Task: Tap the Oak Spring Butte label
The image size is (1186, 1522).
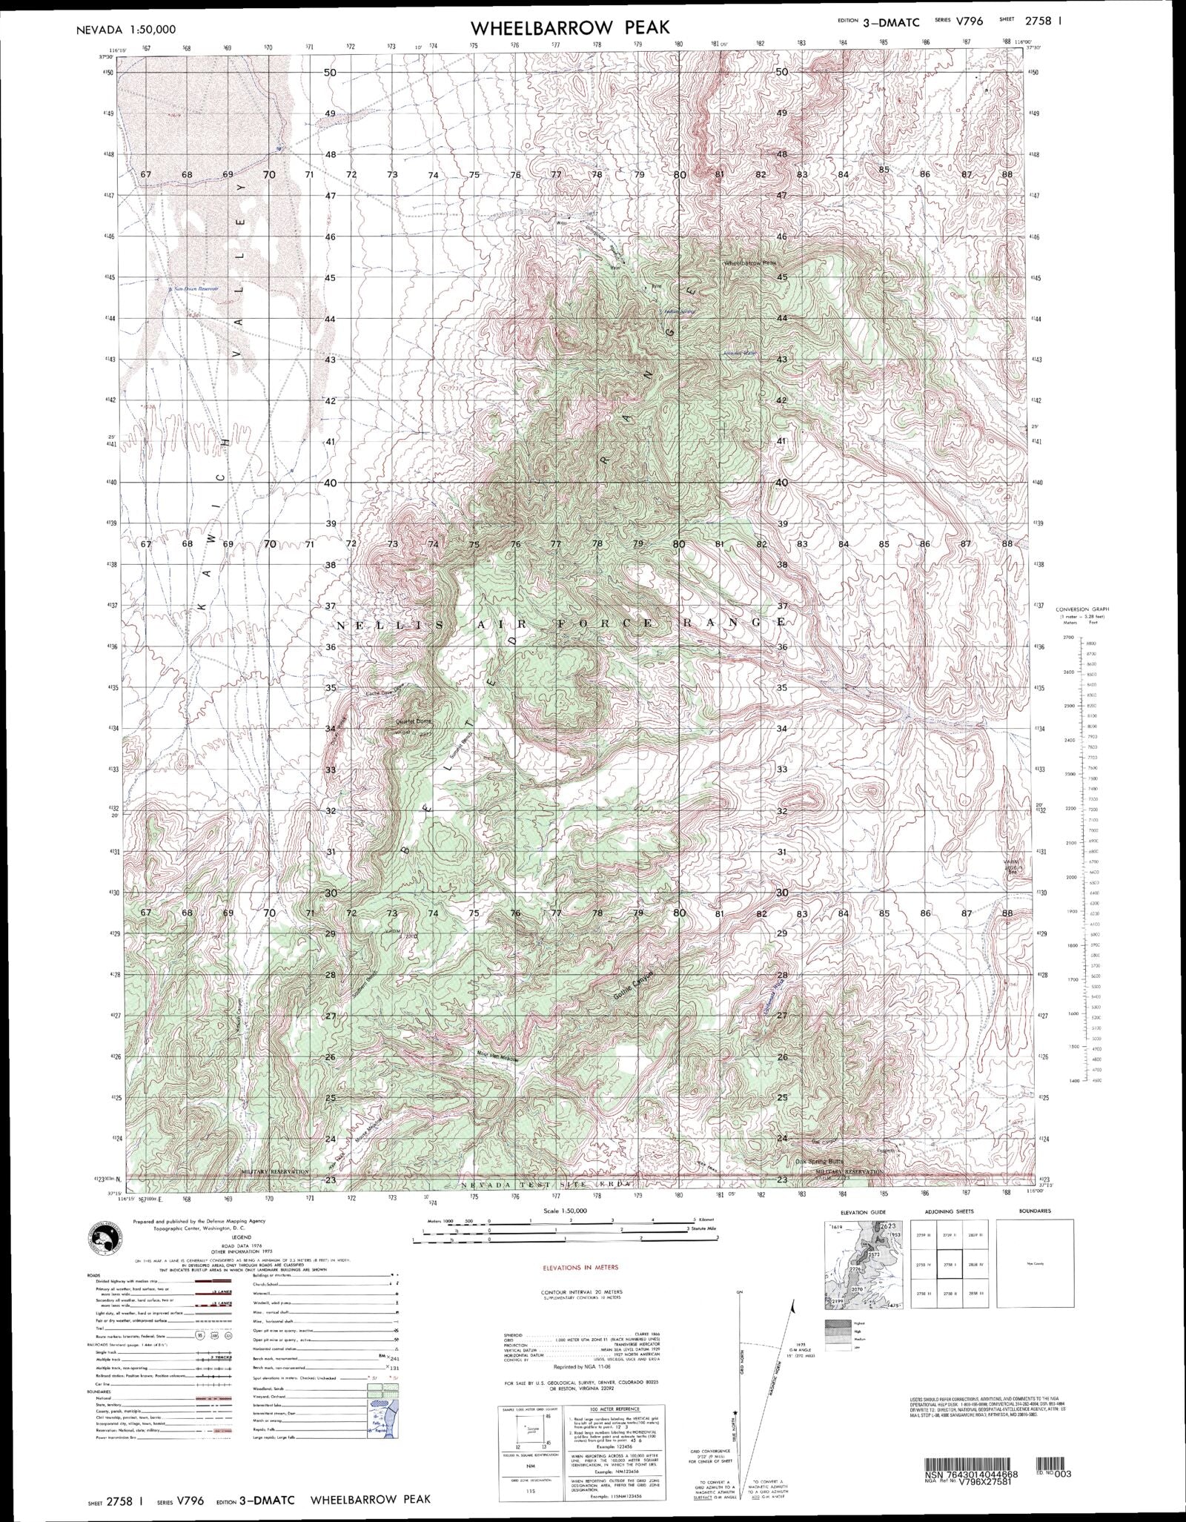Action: [x=820, y=1162]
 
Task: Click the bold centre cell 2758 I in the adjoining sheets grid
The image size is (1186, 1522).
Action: [x=945, y=1265]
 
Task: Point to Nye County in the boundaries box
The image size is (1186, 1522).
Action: [x=1033, y=1265]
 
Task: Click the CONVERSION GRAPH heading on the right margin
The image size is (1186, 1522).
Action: [x=1083, y=609]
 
